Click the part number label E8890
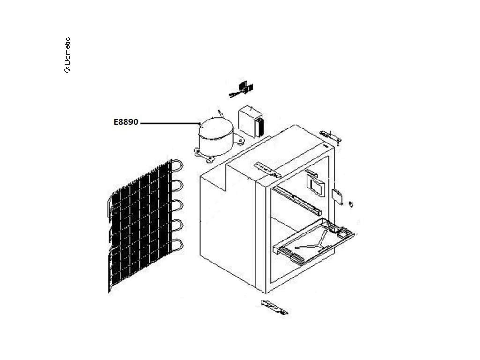point(126,122)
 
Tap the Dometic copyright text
point(67,55)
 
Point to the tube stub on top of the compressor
point(219,113)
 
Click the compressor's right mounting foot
point(240,139)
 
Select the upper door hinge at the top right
point(330,136)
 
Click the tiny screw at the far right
point(352,203)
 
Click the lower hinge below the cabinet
point(275,307)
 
